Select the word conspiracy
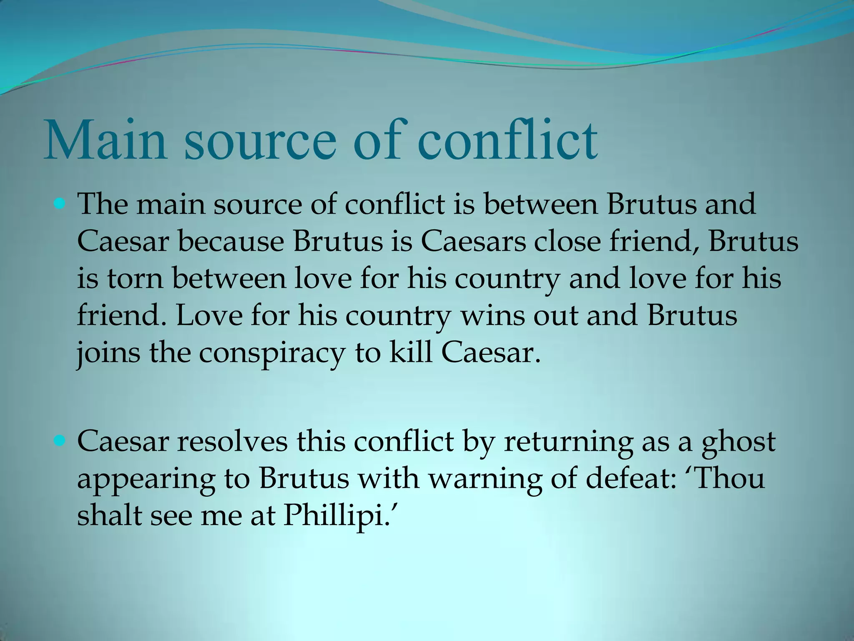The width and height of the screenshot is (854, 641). (271, 354)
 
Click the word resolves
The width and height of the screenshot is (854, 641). (232, 442)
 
